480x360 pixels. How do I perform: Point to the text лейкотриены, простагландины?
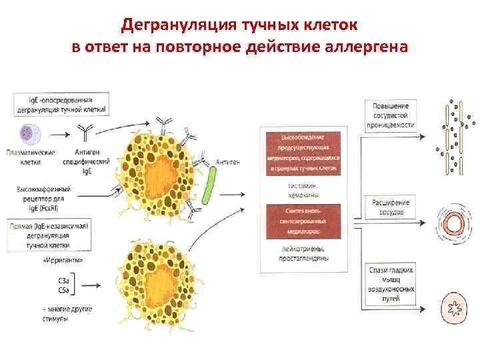click(x=306, y=253)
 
